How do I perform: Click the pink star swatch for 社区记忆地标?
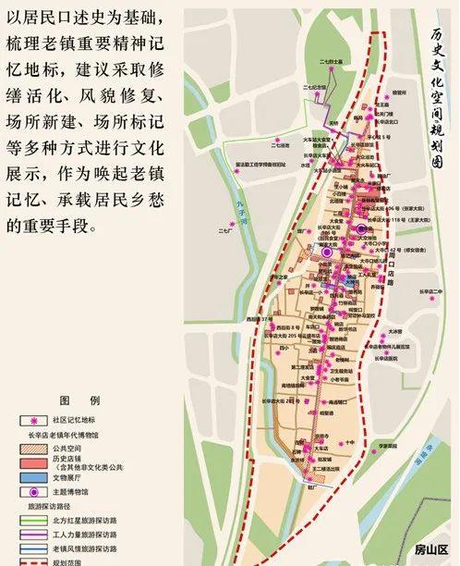[34, 419]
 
